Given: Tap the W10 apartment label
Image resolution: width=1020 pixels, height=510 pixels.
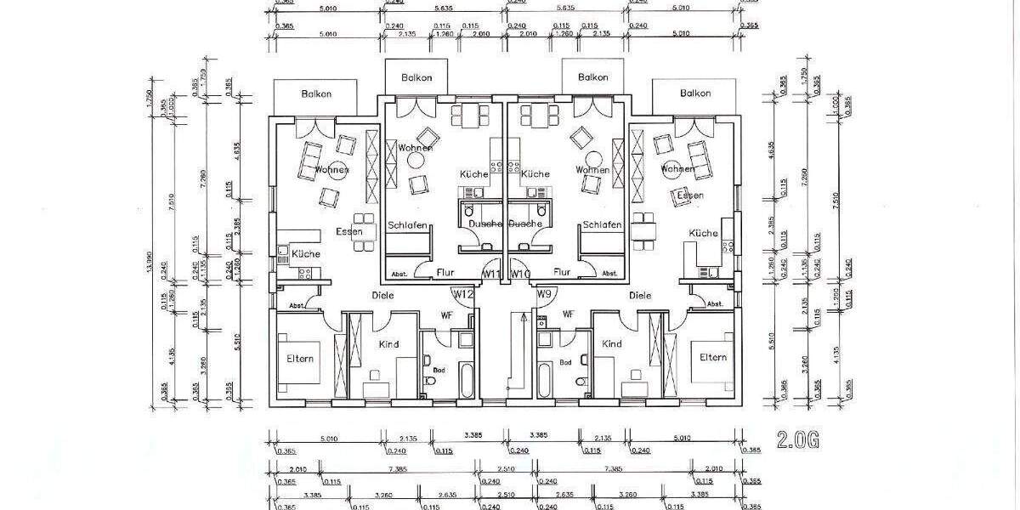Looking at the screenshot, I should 522,274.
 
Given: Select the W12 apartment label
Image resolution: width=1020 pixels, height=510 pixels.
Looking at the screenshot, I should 463,294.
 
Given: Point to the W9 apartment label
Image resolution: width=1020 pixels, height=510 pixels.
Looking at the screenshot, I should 547,294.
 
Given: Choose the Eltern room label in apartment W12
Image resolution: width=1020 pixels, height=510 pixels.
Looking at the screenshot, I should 300,358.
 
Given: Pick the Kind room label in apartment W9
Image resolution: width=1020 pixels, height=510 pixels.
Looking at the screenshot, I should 612,344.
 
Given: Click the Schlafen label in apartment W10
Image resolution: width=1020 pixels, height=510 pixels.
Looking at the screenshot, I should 603,225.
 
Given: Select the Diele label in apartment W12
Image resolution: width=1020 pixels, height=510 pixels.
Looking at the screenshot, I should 383,296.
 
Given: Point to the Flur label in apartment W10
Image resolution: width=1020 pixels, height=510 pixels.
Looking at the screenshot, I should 562,273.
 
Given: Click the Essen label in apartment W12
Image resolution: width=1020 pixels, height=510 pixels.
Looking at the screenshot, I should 348,230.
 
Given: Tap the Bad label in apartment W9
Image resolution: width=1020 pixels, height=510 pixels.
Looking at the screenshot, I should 565,363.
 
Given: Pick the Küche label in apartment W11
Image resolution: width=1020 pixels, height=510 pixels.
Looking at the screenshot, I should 474,173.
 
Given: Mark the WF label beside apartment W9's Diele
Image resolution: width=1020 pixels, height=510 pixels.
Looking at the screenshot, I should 569,314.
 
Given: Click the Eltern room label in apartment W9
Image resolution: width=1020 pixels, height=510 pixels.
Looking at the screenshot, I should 713,358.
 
